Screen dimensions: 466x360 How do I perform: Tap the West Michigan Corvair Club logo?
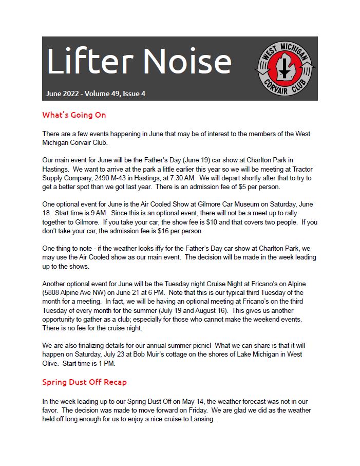pos(286,69)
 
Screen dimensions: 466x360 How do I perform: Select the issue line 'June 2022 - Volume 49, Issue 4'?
pos(96,94)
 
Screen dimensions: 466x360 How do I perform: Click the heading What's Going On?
pos(74,115)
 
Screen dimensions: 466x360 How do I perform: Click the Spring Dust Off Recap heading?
pos(84,382)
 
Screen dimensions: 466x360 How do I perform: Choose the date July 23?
pos(143,355)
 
